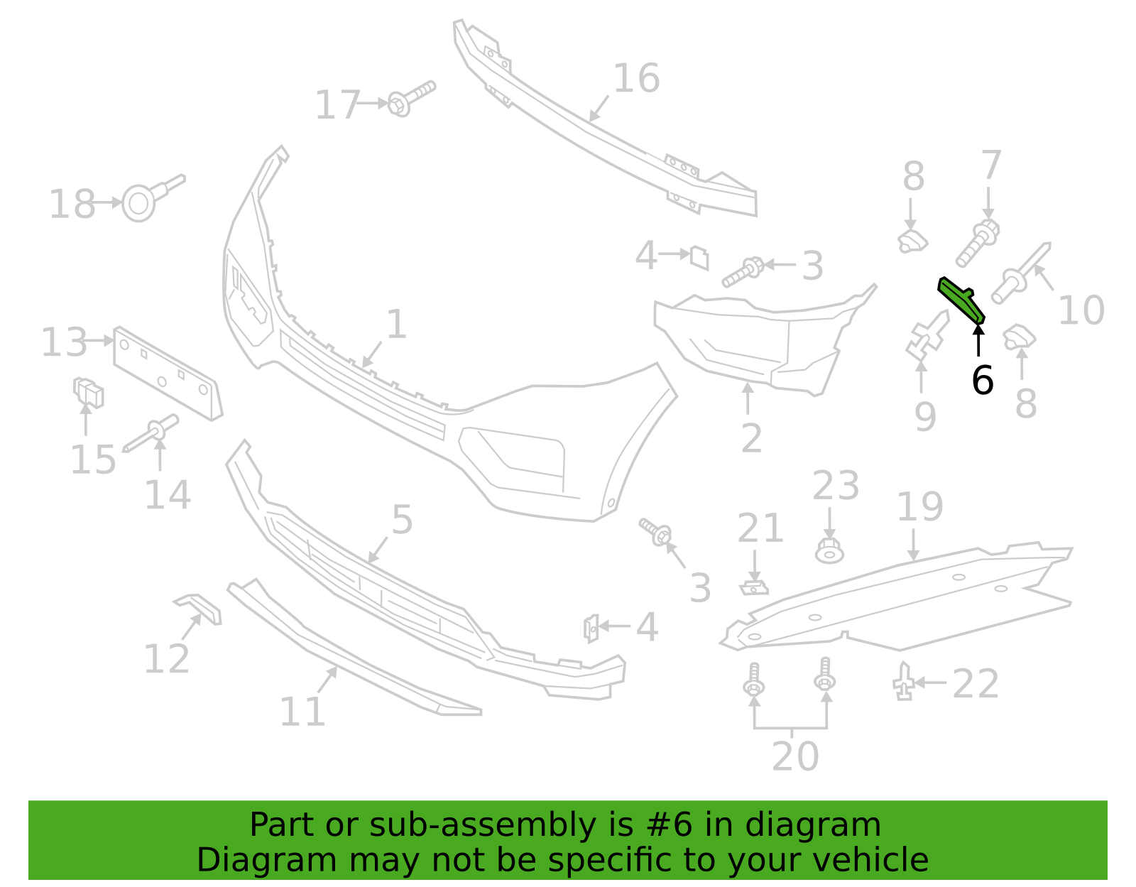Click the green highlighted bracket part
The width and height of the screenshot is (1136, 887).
pyautogui.click(x=960, y=300)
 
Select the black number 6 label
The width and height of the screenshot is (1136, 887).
pyautogui.click(x=983, y=381)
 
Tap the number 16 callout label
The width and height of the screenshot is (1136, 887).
pyautogui.click(x=636, y=78)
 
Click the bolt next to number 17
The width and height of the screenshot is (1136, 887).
pyautogui.click(x=411, y=98)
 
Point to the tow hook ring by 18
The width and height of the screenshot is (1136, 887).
pyautogui.click(x=139, y=203)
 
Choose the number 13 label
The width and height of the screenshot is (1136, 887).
pyautogui.click(x=64, y=342)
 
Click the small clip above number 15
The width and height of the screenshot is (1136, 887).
pyautogui.click(x=88, y=392)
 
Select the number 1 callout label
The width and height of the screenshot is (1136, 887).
pyautogui.click(x=396, y=324)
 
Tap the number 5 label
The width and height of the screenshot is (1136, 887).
pyautogui.click(x=402, y=520)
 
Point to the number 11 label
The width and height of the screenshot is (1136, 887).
pyautogui.click(x=302, y=712)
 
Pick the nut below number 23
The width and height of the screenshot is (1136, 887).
pyautogui.click(x=830, y=551)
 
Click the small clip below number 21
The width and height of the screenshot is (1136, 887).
pyautogui.click(x=754, y=588)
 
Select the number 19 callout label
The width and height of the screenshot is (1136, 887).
pyautogui.click(x=920, y=506)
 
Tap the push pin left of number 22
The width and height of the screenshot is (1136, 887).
pyautogui.click(x=903, y=681)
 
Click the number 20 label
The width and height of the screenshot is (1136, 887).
pyautogui.click(x=795, y=756)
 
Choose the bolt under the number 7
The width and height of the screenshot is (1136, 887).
pyautogui.click(x=978, y=243)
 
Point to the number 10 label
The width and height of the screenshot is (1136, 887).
pyautogui.click(x=1081, y=310)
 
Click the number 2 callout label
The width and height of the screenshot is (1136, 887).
pyautogui.click(x=751, y=438)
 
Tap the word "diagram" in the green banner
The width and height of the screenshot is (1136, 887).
pyautogui.click(x=813, y=825)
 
